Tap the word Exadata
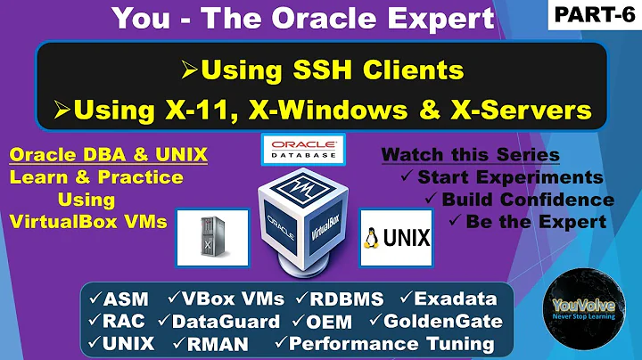(x=463, y=298)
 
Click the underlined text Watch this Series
(x=470, y=155)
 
